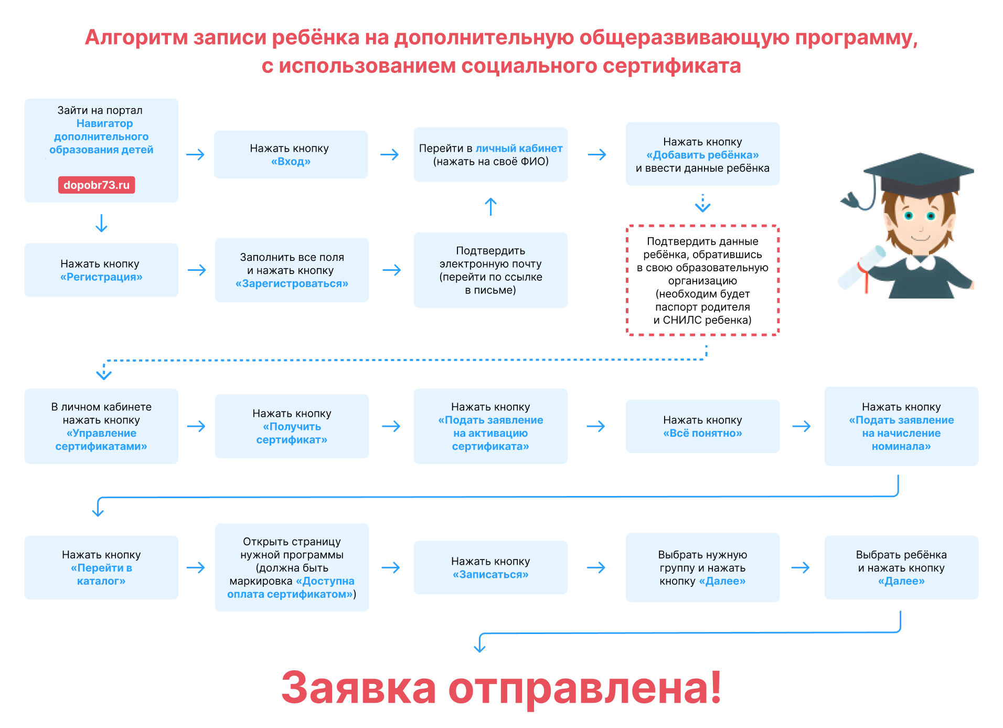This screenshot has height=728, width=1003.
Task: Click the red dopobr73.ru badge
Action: [x=97, y=185]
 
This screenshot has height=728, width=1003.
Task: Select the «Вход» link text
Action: [x=291, y=162]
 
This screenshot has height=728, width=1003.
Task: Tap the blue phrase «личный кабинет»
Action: [x=518, y=149]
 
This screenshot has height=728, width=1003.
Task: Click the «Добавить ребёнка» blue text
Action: [x=702, y=155]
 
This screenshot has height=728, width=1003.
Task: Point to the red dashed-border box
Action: [x=702, y=280]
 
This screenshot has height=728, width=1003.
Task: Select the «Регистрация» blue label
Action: [x=101, y=277]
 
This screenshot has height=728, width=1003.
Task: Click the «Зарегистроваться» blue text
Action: [x=292, y=284]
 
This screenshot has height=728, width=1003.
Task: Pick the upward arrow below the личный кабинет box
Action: [x=490, y=207]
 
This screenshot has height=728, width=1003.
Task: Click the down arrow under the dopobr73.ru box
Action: [x=101, y=223]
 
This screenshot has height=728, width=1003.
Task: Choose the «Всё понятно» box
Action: [x=702, y=426]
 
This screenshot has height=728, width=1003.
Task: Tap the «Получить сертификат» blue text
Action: [x=292, y=433]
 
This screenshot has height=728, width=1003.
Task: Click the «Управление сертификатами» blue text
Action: [x=101, y=440]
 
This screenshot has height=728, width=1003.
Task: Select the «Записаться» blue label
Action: [x=490, y=575]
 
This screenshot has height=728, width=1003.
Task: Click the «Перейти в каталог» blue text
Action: [x=101, y=574]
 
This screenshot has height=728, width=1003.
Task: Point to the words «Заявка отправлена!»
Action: [x=501, y=687]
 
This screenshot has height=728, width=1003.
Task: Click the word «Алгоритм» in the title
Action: [x=136, y=38]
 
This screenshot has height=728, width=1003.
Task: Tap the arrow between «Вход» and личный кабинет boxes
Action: [x=390, y=155]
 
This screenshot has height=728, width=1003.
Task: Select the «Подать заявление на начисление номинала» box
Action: [x=901, y=426]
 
